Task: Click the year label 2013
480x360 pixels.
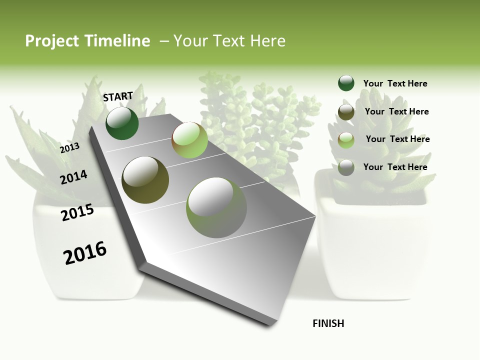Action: click(69, 147)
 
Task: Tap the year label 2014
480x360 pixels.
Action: click(73, 177)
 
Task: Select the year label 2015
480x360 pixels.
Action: click(77, 212)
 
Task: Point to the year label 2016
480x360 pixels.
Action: click(85, 253)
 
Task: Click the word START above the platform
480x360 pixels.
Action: click(118, 96)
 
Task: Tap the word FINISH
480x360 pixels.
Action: click(328, 323)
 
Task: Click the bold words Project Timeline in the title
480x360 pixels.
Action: click(87, 41)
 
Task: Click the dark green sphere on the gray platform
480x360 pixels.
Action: click(122, 123)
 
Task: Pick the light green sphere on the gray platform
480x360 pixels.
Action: click(189, 140)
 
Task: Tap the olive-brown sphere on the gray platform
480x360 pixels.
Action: click(145, 180)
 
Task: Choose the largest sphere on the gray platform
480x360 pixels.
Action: click(216, 207)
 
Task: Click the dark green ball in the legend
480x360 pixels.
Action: click(346, 83)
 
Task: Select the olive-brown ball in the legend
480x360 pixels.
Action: click(346, 112)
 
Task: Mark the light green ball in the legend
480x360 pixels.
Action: click(346, 140)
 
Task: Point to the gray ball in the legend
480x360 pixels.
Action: click(346, 167)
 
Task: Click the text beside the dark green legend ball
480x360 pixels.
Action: click(395, 83)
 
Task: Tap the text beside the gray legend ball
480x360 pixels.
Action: click(395, 167)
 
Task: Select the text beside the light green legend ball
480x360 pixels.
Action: click(397, 139)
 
